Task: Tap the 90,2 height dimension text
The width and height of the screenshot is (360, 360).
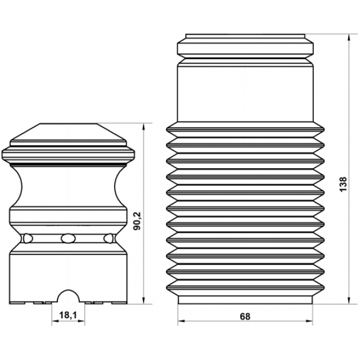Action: coord(138,221)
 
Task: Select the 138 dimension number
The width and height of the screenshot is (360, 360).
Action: coord(343,184)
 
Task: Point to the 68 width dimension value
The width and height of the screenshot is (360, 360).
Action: coord(245,317)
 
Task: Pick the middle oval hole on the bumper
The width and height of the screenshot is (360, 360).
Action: coord(68,238)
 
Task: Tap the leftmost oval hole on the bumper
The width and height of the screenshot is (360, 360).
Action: coord(28,238)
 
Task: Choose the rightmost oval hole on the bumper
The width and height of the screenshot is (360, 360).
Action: coord(109,238)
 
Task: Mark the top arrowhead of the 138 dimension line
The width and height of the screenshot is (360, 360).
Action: coord(349,38)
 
